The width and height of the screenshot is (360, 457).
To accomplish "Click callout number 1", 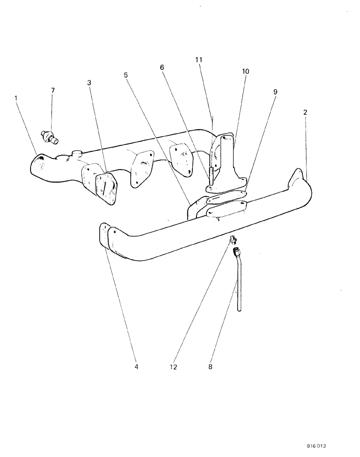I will click(17, 98).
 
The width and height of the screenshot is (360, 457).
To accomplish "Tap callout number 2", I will click(305, 112).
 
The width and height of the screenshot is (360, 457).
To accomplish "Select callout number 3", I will click(89, 83).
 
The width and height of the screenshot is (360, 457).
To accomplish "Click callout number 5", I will click(126, 74).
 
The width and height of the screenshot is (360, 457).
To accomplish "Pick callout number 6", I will click(162, 67).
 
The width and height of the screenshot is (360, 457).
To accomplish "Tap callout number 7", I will click(53, 90).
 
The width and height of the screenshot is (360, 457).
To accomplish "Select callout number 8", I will click(211, 367).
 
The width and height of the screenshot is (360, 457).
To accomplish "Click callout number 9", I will click(275, 92).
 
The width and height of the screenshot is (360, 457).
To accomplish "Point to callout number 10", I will click(245, 72).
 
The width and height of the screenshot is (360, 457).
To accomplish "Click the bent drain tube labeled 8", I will click(238, 283).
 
